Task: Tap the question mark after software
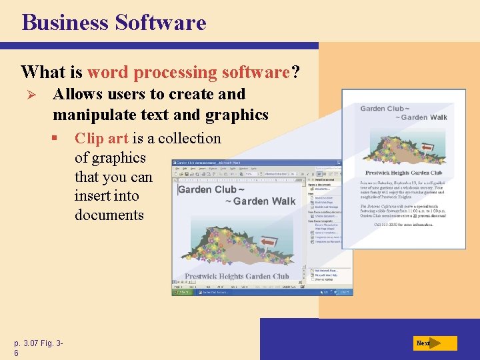pyautogui.click(x=295, y=71)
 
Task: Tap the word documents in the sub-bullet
pyautogui.click(x=109, y=215)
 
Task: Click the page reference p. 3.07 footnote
pyautogui.click(x=37, y=344)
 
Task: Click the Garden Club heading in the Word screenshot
pyautogui.click(x=207, y=189)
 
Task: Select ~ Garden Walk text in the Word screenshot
pyautogui.click(x=260, y=201)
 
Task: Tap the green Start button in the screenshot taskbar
pyautogui.click(x=181, y=292)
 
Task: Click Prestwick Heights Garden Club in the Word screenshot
pyautogui.click(x=237, y=276)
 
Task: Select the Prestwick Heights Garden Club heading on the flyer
pyautogui.click(x=403, y=173)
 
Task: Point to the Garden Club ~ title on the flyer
pyautogui.click(x=385, y=108)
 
